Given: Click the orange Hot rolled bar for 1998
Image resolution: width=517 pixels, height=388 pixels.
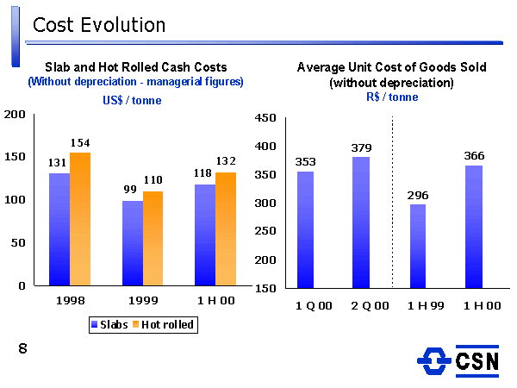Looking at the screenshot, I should point(80,219).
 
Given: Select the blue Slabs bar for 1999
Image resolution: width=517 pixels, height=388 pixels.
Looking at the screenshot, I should point(133,243).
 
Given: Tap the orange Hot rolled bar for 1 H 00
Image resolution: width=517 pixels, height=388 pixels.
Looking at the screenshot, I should point(226,228).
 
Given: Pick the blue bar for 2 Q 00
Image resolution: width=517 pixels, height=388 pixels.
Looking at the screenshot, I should point(361,222).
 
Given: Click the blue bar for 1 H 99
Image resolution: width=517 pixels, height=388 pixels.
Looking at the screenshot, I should point(417,246).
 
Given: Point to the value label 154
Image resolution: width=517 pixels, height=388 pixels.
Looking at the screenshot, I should point(80,142).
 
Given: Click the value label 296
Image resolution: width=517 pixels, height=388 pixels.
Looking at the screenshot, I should point(417,195).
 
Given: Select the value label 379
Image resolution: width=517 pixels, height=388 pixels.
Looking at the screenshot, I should point(361,147).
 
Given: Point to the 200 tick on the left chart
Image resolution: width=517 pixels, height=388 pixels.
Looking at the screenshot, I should point(14,115).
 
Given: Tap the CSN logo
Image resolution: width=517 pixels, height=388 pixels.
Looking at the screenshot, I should point(458,360).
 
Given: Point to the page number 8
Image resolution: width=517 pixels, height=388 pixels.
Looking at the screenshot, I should point(22,348).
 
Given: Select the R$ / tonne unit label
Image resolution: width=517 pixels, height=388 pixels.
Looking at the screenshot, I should point(391,97).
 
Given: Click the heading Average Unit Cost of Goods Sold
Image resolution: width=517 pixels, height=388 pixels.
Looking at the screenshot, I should point(391,66).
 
